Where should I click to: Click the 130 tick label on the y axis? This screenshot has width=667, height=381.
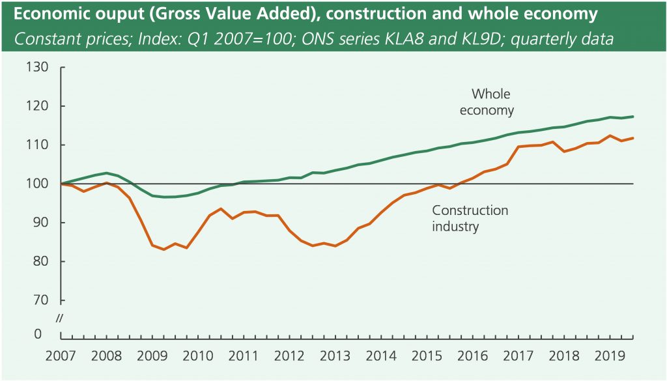click(38, 67)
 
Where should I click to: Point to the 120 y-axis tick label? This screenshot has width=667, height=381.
click(38, 106)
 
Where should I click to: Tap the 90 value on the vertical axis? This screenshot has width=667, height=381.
click(42, 223)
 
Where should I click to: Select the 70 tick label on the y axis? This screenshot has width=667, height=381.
click(42, 300)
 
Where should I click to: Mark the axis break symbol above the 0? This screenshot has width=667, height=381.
click(59, 318)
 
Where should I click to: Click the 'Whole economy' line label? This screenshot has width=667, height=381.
click(487, 102)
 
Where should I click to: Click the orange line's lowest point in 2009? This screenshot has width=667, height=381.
click(163, 249)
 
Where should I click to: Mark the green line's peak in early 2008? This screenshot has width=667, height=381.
click(106, 173)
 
